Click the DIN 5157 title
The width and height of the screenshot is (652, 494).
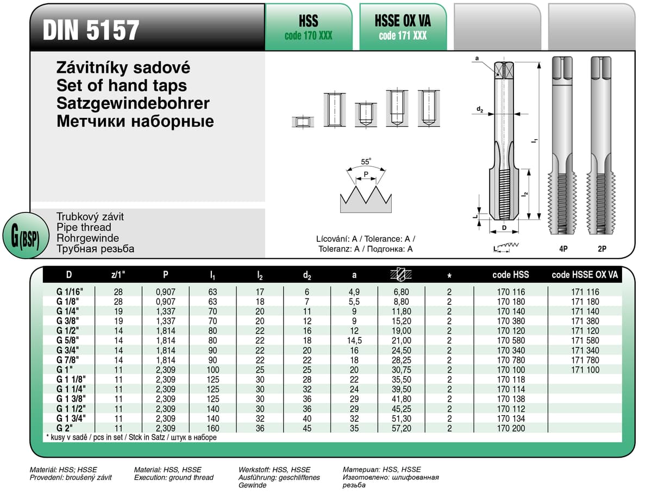click(91, 30)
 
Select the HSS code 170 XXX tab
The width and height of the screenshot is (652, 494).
click(308, 27)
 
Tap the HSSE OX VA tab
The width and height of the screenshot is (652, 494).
click(403, 27)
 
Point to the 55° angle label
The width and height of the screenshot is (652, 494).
click(366, 161)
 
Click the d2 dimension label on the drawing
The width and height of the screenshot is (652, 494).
click(480, 110)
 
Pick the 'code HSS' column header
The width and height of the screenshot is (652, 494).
click(510, 275)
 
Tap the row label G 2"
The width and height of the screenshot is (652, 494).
click(64, 428)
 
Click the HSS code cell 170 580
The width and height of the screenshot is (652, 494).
click(511, 341)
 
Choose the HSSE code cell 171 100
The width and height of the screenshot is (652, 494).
click(585, 370)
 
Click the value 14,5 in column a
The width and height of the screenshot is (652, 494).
click(354, 341)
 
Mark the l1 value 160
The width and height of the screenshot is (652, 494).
click(212, 428)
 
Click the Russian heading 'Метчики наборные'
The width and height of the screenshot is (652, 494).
click(135, 121)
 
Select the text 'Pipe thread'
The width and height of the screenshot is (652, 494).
click(84, 227)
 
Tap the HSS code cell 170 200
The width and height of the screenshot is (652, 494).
click(511, 428)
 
